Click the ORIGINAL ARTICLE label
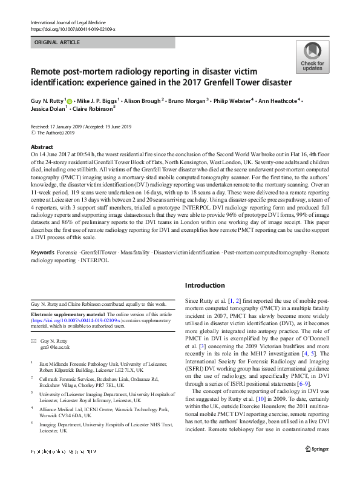(x=55, y=42)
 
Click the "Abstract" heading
(x=42, y=147)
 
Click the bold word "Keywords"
(x=44, y=251)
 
